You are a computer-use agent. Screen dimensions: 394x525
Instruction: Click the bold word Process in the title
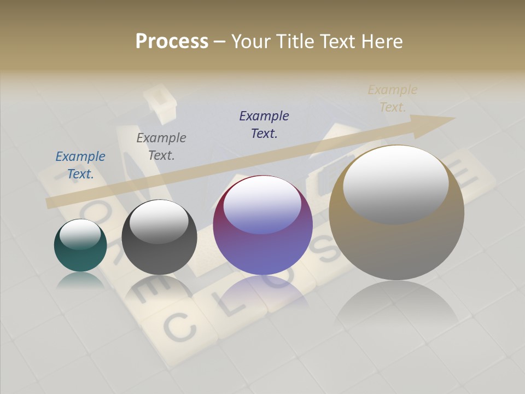pos(172,41)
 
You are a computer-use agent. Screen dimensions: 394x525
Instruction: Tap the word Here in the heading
pos(383,41)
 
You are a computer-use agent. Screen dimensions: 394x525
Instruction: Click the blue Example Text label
pos(80,165)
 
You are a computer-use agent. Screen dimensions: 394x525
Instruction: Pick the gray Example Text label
pos(161,147)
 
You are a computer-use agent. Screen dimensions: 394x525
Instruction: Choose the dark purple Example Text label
pos(264,124)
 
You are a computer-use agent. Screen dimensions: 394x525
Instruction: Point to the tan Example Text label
pos(393,99)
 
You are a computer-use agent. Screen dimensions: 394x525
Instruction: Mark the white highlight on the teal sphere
pos(80,234)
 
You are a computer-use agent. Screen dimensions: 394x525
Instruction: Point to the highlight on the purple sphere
pos(262,205)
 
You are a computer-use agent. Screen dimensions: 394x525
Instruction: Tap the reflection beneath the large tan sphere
pos(396,306)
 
